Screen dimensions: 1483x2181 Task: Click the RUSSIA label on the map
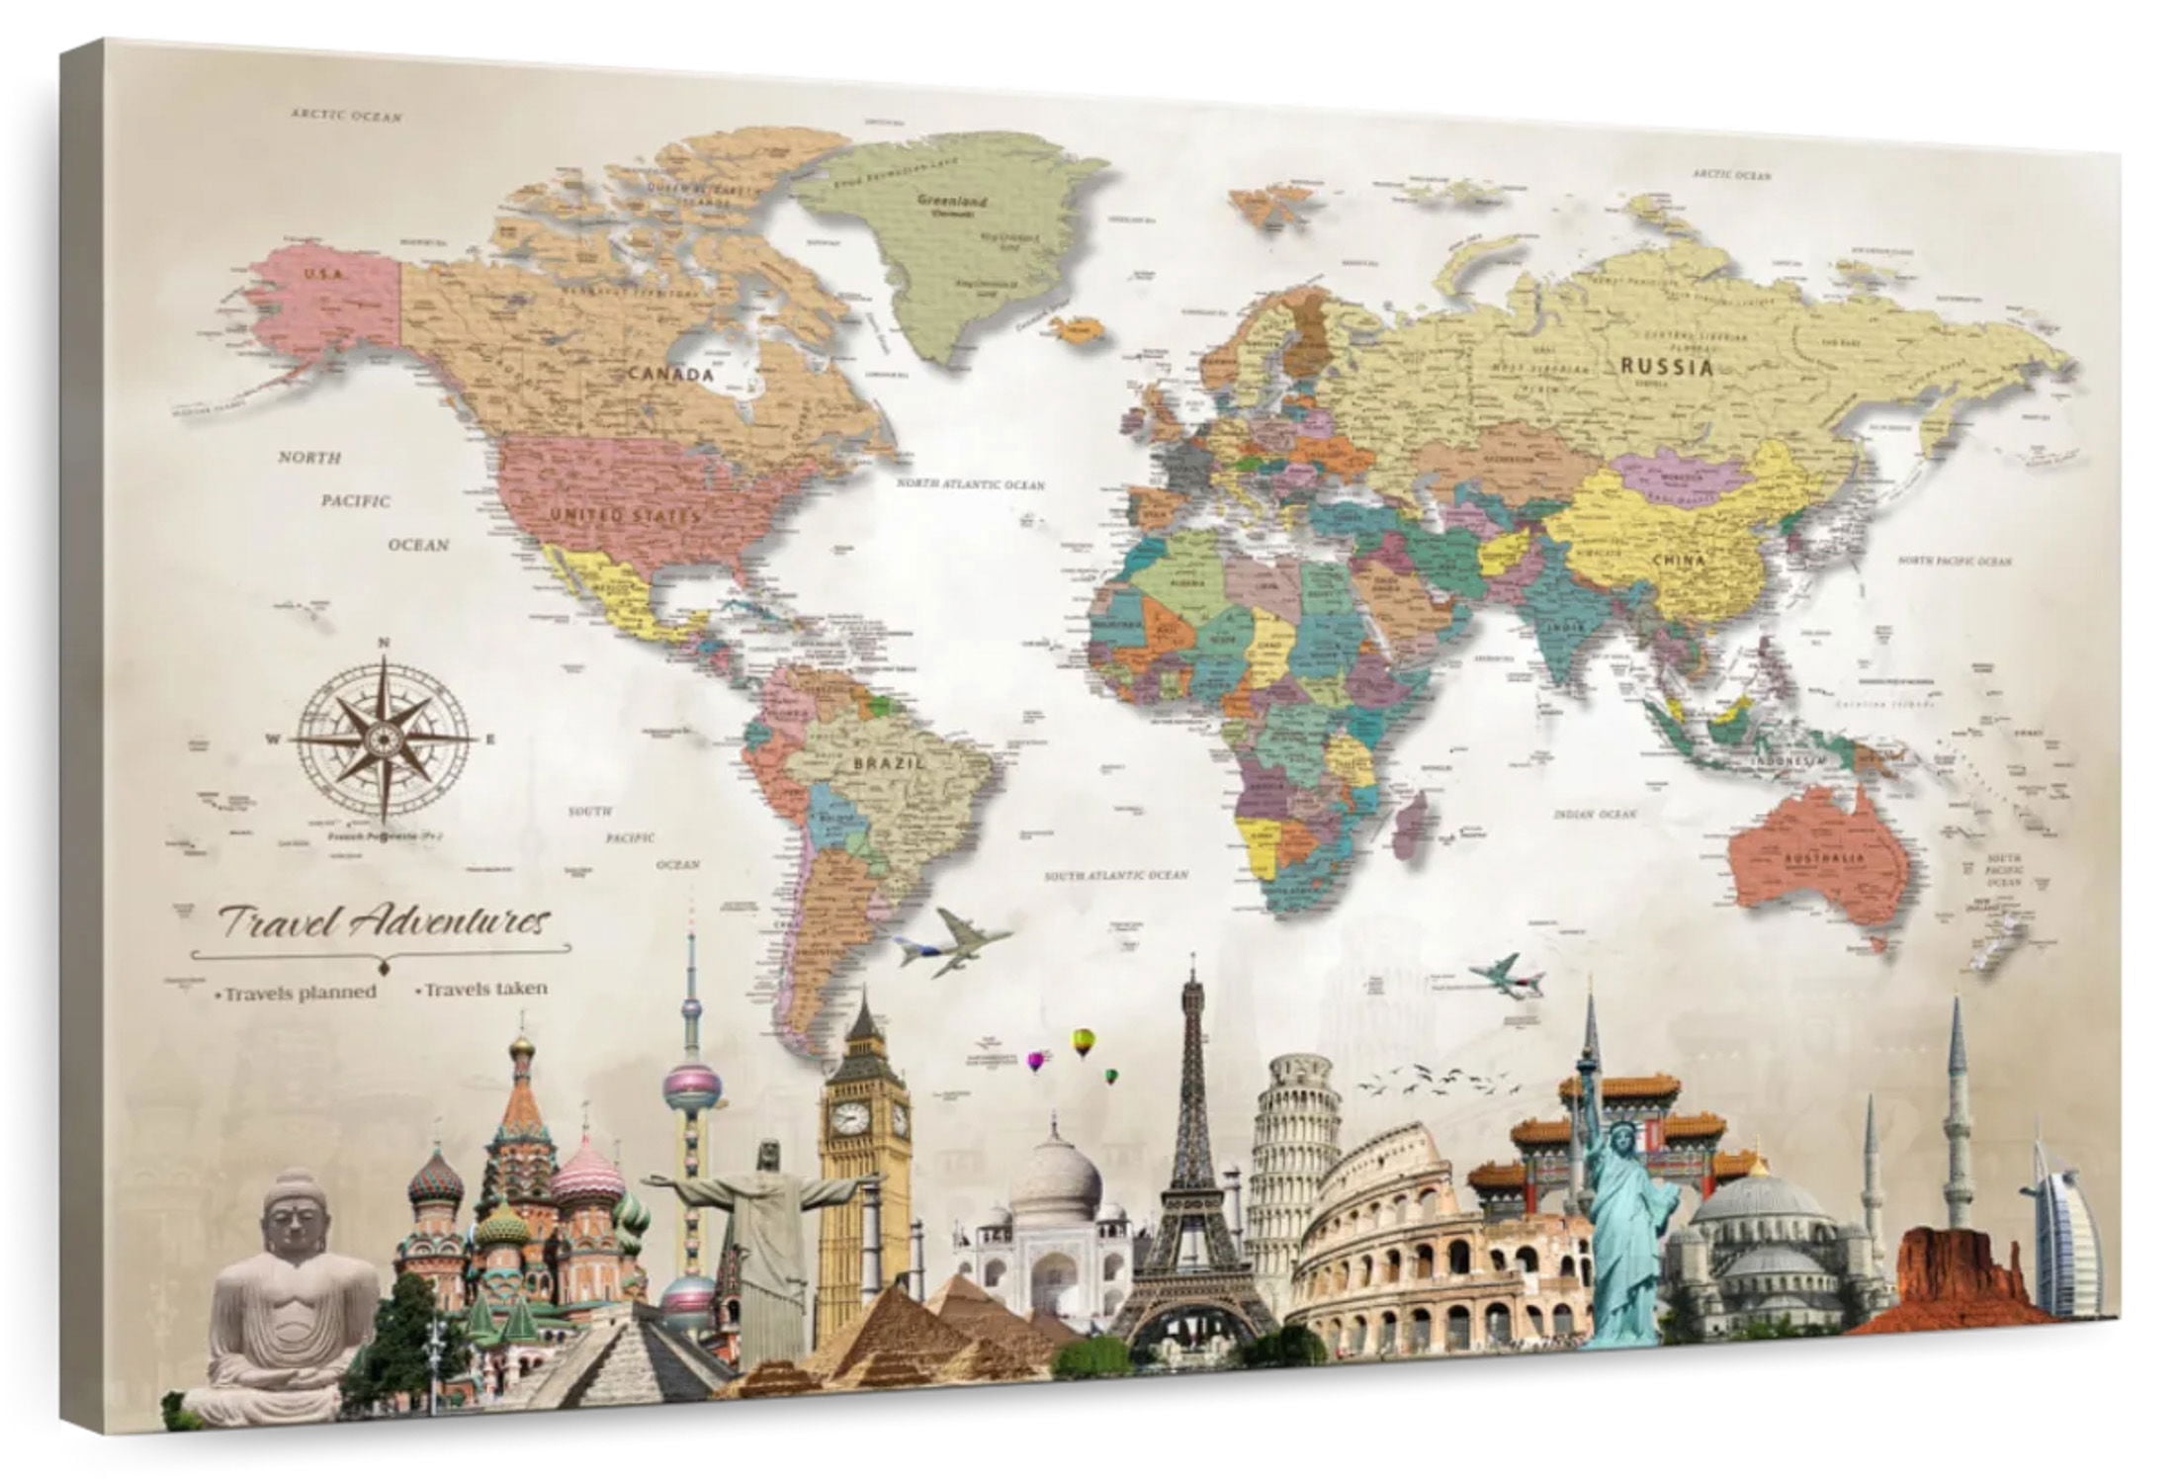[x=1666, y=368]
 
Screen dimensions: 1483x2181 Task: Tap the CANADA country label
[x=670, y=375]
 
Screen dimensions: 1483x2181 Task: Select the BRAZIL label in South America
[x=889, y=763]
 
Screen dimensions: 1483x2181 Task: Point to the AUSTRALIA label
[x=1824, y=858]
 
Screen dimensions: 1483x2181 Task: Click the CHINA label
[x=1680, y=561]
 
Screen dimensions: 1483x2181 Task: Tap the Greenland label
[x=952, y=202]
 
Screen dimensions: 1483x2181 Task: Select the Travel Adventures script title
[x=383, y=922]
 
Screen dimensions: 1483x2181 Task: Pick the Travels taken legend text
[x=483, y=988]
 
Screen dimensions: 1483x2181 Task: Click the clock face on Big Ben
[x=849, y=1118]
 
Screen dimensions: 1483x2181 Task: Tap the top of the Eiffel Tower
[x=1193, y=964]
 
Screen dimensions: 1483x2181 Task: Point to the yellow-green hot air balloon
[x=1084, y=1039]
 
